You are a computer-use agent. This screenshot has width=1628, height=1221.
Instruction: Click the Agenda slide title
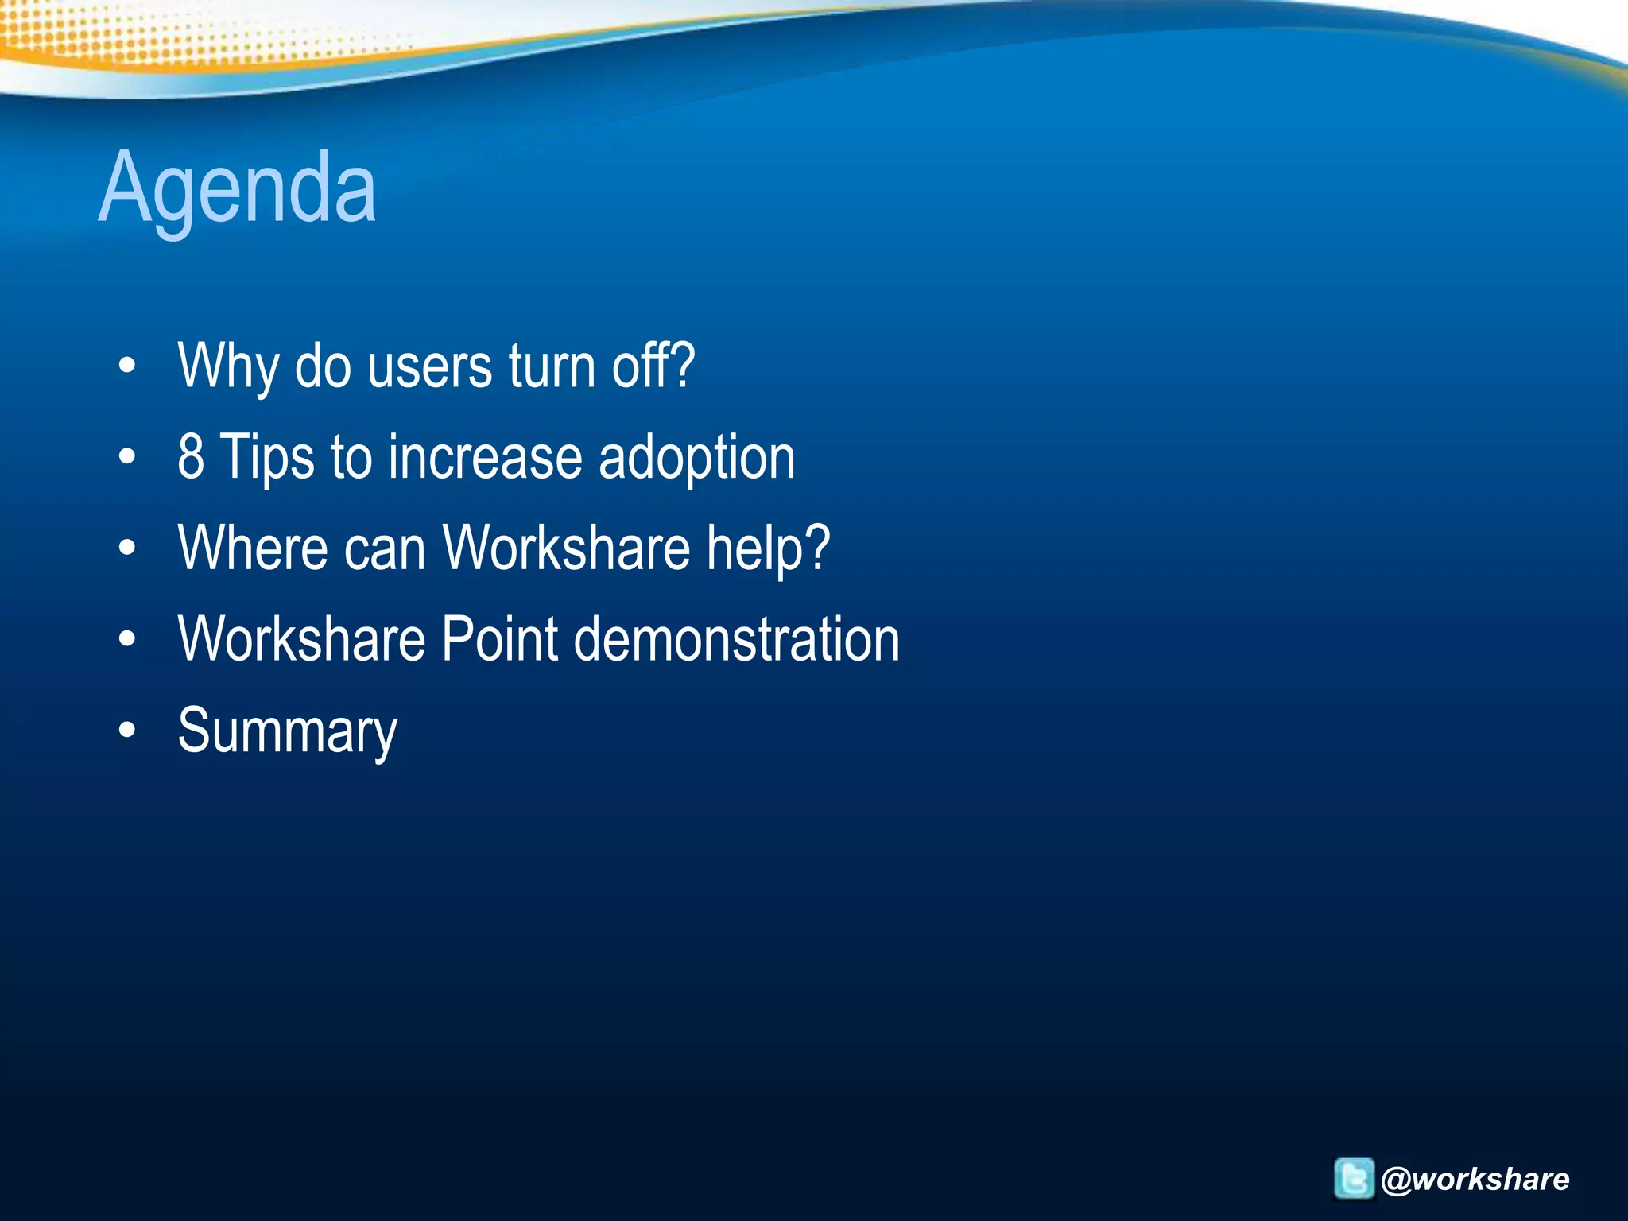tap(237, 189)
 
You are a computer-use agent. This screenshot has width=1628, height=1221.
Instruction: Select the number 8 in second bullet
tap(191, 457)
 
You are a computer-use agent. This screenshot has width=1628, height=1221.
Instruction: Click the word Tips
tap(267, 459)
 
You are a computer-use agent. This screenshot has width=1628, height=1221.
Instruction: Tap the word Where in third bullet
tap(252, 548)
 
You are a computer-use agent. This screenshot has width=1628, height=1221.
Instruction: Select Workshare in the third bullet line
tap(567, 548)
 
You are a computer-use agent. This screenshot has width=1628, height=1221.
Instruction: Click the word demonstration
tap(737, 639)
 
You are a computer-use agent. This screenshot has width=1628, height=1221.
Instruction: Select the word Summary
tap(287, 731)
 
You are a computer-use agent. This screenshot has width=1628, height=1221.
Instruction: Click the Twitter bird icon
tap(1353, 1178)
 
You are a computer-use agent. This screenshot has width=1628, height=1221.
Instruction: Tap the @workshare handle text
tap(1475, 1179)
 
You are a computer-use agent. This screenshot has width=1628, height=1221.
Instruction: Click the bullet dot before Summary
tap(127, 731)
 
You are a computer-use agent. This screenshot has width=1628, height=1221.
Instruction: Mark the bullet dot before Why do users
tap(127, 366)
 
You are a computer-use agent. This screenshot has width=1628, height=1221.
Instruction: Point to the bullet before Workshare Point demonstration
tap(127, 639)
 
